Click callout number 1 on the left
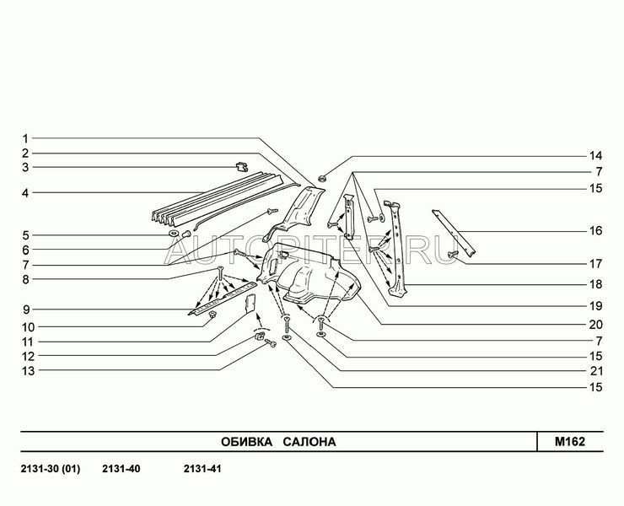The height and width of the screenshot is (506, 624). click(x=26, y=137)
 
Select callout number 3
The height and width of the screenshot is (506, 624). click(x=26, y=168)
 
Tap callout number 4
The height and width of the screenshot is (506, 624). click(x=26, y=193)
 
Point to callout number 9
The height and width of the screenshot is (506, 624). click(x=26, y=309)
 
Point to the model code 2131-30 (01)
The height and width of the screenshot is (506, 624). click(x=49, y=469)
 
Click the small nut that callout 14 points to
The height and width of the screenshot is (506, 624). click(x=323, y=180)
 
